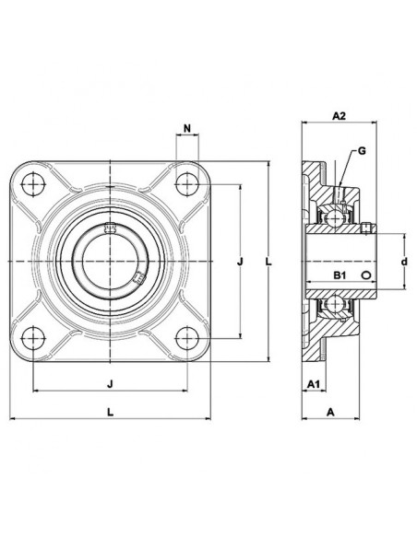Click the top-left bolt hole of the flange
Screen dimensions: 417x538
(x=33, y=184)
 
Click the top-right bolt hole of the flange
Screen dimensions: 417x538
(x=187, y=184)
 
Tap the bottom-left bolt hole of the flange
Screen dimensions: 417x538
(x=33, y=338)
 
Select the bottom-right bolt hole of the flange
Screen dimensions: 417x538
(x=187, y=338)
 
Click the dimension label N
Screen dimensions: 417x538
(x=187, y=129)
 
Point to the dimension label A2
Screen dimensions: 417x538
(x=339, y=116)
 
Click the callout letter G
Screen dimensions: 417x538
(x=362, y=151)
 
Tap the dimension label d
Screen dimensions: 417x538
(x=405, y=262)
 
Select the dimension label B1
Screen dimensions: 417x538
(x=340, y=275)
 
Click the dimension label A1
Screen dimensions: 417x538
(x=314, y=384)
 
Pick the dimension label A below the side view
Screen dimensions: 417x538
(x=330, y=412)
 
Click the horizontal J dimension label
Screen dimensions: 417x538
(x=110, y=384)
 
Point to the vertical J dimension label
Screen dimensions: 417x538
(x=240, y=262)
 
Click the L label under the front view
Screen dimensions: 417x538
(x=111, y=412)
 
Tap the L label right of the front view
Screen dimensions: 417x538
(x=268, y=262)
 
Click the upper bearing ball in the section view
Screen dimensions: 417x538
(x=333, y=216)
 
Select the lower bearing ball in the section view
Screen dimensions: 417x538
(x=333, y=303)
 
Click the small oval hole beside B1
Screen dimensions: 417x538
(x=366, y=275)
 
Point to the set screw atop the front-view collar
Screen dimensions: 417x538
(x=110, y=228)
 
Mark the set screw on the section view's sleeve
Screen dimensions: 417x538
(x=367, y=229)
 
